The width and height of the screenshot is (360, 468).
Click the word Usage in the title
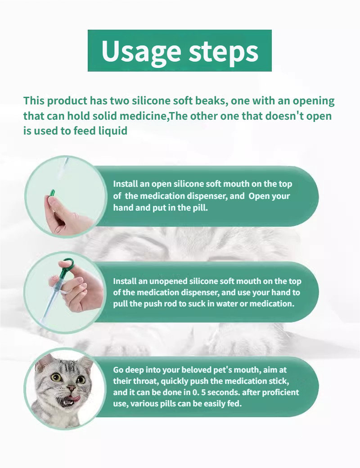tap(141, 50)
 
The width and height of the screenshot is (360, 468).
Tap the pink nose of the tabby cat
tap(72, 388)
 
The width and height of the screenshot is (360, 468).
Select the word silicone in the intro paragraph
tap(151, 101)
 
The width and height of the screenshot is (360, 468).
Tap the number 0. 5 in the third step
tap(199, 392)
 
